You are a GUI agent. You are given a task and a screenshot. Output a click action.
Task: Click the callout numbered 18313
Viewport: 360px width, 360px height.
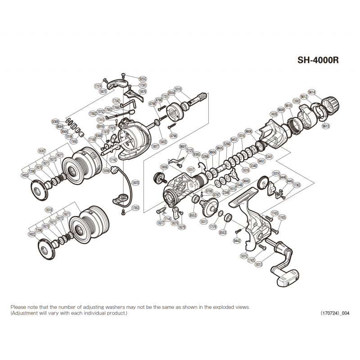(x=259, y=264)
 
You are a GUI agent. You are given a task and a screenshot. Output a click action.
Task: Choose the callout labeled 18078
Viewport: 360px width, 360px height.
(x=135, y=183)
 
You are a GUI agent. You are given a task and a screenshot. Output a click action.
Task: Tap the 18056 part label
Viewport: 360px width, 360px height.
(x=164, y=166)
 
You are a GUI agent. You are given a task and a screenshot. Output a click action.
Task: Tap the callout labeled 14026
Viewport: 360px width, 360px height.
(x=273, y=114)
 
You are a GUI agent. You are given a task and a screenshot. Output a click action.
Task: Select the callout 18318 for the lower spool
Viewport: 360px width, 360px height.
(x=49, y=209)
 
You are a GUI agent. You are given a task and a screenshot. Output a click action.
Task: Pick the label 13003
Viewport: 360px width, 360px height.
(x=296, y=101)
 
